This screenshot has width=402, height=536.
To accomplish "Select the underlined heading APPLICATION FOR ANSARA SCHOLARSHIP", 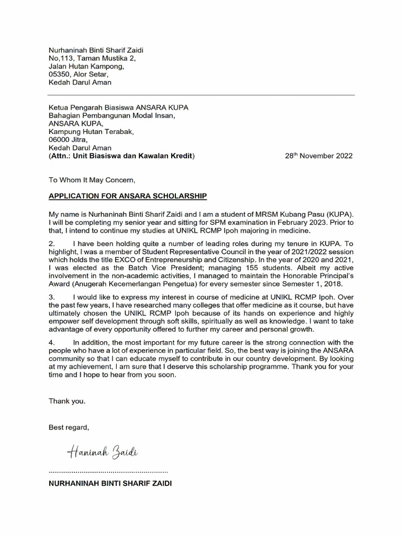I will pyautogui.click(x=128, y=196).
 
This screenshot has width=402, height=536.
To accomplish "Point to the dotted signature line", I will pyautogui.click(x=108, y=472).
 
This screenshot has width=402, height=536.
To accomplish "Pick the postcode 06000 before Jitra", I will pyautogui.click(x=59, y=140).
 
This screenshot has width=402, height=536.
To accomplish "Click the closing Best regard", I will pyautogui.click(x=69, y=427).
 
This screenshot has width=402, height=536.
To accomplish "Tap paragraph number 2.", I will pyautogui.click(x=51, y=243).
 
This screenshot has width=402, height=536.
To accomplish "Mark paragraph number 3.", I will pyautogui.click(x=51, y=296).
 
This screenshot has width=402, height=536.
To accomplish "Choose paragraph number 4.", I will pyautogui.click(x=51, y=342).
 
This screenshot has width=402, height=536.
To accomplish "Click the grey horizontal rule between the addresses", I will pyautogui.click(x=201, y=95).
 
